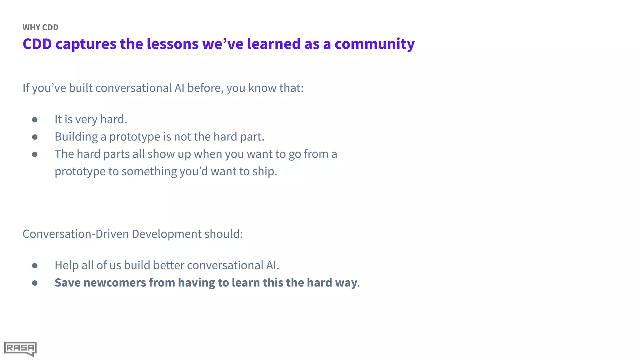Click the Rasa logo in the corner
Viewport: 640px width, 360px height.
[x=20, y=348]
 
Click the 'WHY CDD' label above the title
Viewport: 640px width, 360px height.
[x=40, y=27]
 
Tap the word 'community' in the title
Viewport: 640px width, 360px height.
[x=374, y=44]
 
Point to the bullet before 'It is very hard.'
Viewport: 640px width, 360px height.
[x=35, y=120]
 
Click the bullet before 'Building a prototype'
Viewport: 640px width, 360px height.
[x=35, y=137]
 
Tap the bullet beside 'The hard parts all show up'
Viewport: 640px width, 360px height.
[x=35, y=154]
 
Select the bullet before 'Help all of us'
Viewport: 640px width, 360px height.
[x=35, y=266]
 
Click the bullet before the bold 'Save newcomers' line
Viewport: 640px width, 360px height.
[x=35, y=283]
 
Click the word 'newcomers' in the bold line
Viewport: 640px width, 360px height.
[x=114, y=282]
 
